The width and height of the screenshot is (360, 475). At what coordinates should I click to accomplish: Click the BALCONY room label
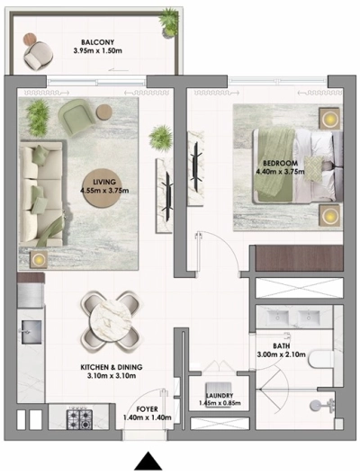[96, 41]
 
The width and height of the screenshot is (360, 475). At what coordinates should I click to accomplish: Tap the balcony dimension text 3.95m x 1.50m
[96, 50]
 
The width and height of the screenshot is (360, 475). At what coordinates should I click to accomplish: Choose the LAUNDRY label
[220, 396]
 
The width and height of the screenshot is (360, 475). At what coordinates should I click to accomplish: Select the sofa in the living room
[40, 189]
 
